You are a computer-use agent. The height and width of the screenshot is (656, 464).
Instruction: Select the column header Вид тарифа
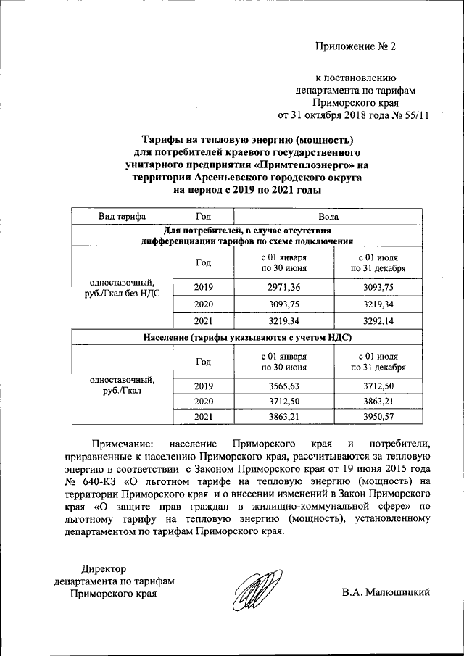point(122,217)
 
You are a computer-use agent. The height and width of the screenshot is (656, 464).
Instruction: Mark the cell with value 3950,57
point(377,418)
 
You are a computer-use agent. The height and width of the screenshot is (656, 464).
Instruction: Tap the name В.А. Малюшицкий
point(386,592)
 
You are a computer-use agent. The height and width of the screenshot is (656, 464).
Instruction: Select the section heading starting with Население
point(246,337)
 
